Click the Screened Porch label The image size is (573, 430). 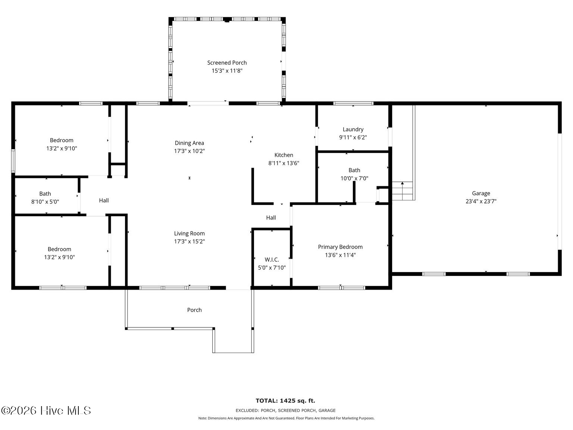coord(227,63)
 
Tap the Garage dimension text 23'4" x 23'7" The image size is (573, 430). coord(481,201)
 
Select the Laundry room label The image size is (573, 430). coord(353,130)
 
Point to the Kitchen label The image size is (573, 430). coord(284,155)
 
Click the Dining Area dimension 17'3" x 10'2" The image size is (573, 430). coord(189,151)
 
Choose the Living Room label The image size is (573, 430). coord(189,233)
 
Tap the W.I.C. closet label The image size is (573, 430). coord(272,259)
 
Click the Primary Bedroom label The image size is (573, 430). coord(340,247)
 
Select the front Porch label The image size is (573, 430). coord(194,310)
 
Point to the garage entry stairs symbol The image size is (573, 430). coord(402,191)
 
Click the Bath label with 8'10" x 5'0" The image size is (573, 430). coord(45,194)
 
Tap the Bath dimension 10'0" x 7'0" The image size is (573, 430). coord(354,178)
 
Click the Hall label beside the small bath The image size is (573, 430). coord(104,200)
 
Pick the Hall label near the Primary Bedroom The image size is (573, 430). coord(271,218)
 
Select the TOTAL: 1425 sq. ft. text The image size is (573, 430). coord(285,401)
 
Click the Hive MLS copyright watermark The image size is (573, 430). coord(46,411)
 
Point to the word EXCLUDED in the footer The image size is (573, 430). coord(247,411)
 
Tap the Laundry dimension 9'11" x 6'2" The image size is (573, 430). coord(353,137)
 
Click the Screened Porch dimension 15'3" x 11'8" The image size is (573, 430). coord(227,71)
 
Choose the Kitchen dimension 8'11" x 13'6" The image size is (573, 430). coord(284,163)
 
